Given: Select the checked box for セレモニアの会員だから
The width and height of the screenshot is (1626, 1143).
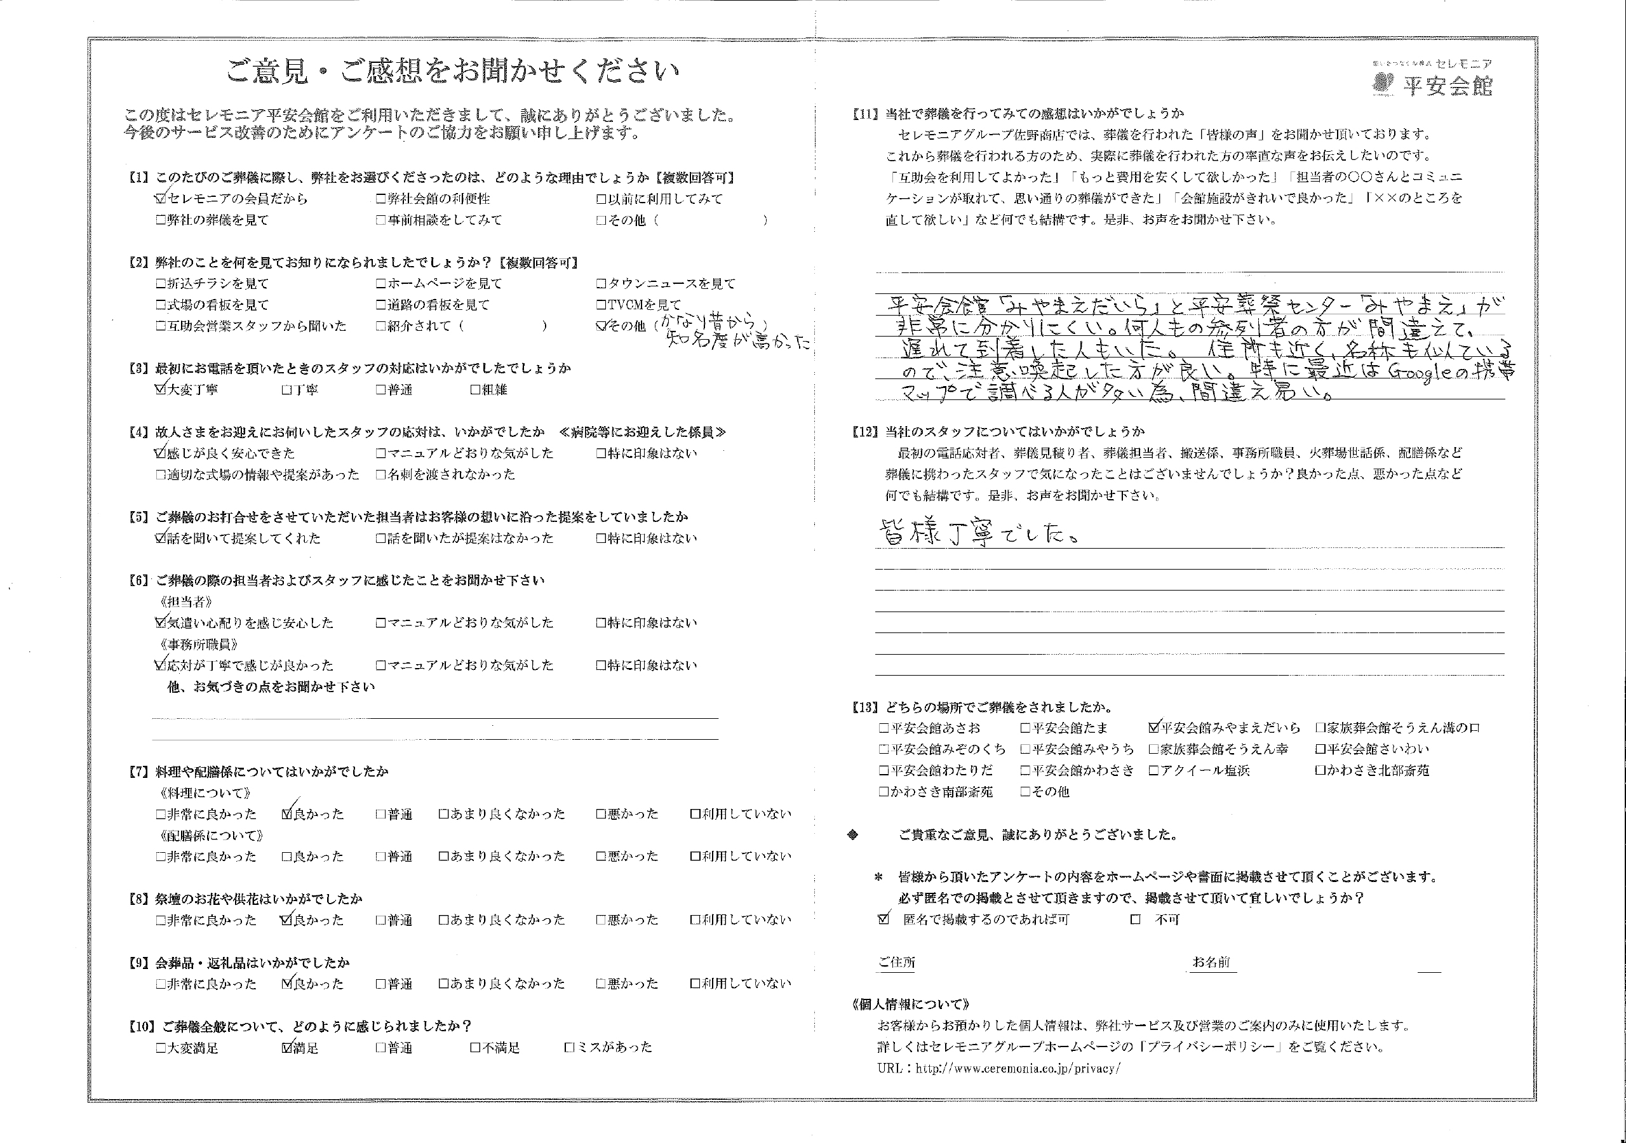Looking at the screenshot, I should point(161,199).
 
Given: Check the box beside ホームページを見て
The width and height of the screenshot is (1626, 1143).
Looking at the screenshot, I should point(381,284).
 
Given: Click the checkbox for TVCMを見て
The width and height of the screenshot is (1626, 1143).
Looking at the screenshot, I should point(601,305).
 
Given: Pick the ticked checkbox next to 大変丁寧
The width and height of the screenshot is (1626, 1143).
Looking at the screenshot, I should point(160,389).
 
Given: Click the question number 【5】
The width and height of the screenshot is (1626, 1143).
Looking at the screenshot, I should point(138,517).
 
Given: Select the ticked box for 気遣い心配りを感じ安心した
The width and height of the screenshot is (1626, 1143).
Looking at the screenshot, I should point(160,623).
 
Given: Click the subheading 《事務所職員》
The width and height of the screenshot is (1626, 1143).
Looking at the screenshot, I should point(199,645).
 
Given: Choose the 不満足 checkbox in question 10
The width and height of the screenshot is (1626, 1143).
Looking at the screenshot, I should point(475,1047).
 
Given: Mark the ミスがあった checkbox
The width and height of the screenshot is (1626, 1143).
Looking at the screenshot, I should point(569,1047).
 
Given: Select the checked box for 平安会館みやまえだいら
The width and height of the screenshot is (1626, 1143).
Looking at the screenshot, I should point(1153,727).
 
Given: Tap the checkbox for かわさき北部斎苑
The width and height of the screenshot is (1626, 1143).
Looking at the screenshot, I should point(1320,770).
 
